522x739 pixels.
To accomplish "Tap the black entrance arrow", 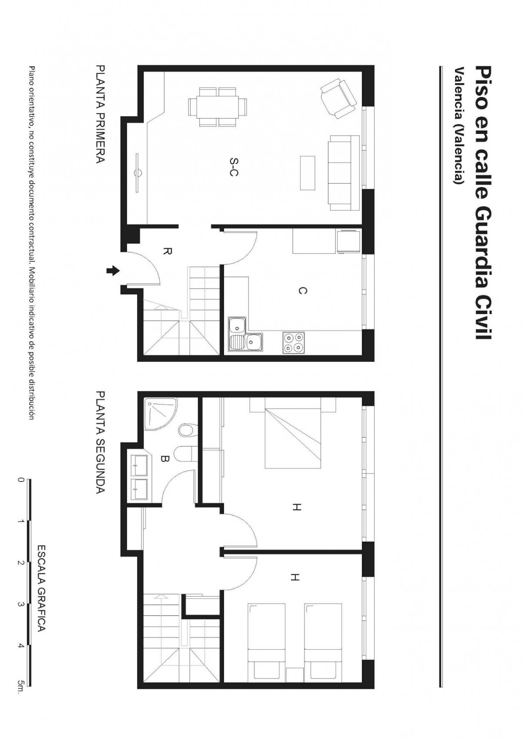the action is point(113,271).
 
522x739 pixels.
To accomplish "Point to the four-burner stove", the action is point(293,342).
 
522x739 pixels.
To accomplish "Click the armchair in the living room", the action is point(339,98).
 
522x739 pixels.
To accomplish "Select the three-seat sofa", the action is point(344,173).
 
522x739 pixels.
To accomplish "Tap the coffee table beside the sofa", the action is point(307,173).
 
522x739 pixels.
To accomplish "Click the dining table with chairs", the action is point(217,107).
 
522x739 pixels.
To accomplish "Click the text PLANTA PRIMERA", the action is point(100,114).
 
